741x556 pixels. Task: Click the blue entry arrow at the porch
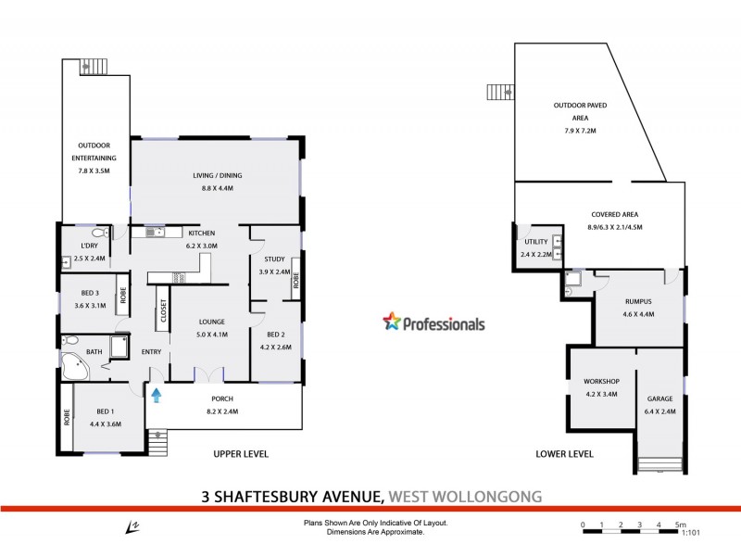coord(156,396)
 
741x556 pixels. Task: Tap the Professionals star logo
coord(392,322)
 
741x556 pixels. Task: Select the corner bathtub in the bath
coord(73,368)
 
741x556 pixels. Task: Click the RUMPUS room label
coord(638,301)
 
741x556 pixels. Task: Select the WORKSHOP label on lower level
coord(601,381)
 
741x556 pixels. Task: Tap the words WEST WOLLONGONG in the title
coord(466,496)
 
